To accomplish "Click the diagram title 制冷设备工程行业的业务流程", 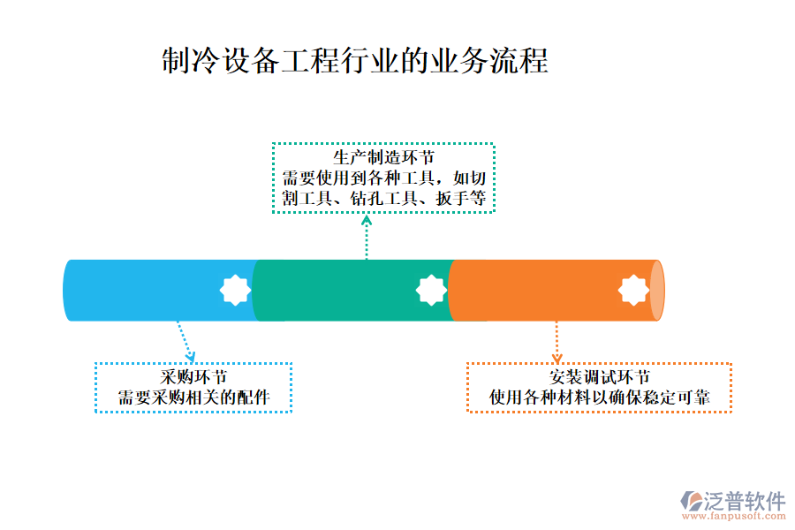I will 355,61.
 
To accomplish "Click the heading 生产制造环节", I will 383,158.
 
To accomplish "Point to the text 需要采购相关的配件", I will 193,398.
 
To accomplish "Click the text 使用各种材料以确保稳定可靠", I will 599,398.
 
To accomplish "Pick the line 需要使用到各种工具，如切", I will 383,178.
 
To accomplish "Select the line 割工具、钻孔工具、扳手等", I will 383,198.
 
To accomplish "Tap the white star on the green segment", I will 431,290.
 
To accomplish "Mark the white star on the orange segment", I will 633,290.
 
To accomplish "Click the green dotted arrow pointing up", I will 367,234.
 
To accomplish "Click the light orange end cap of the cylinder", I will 656,291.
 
